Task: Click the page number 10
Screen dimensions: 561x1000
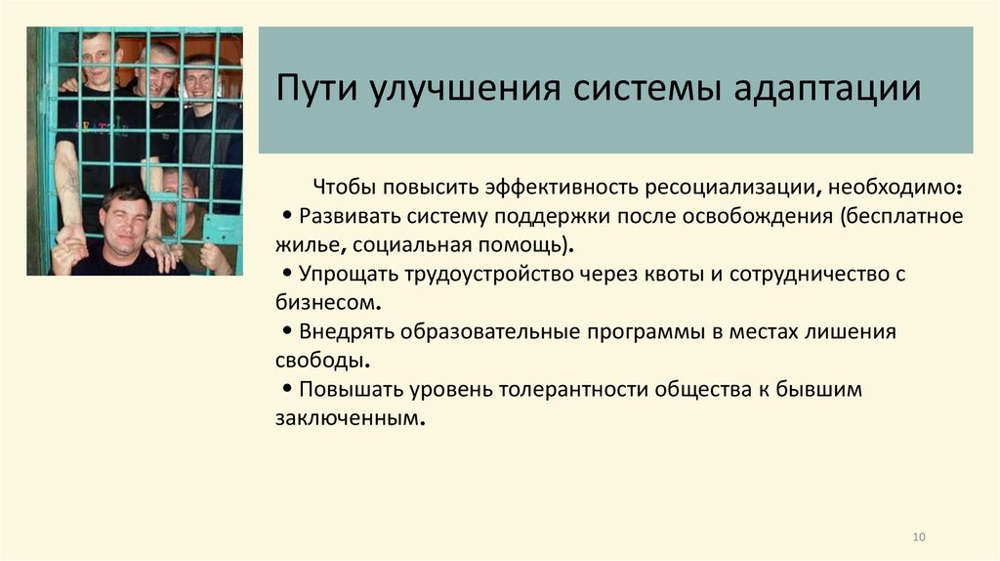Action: click(x=918, y=538)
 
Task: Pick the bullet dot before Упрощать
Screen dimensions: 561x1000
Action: click(x=286, y=275)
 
